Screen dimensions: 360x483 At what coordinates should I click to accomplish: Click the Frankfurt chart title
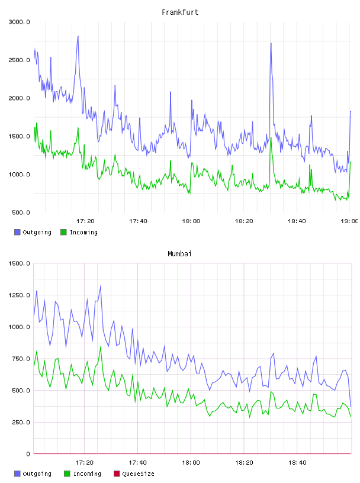click(180, 12)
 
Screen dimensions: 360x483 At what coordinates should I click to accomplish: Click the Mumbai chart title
click(179, 254)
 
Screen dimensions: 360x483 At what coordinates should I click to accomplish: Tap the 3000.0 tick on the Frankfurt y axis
click(19, 22)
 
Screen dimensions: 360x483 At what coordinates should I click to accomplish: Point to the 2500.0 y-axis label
click(19, 60)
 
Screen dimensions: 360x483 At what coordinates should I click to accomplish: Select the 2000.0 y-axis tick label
click(19, 98)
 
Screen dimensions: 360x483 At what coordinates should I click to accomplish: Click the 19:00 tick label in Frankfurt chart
click(349, 221)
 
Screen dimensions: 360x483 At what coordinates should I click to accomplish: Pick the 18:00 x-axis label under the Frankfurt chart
click(191, 221)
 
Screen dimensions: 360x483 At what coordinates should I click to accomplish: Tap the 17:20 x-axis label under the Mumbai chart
click(85, 462)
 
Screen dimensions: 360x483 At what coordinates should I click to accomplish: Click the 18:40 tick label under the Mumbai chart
click(297, 462)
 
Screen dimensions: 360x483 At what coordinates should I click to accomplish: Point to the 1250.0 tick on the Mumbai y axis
click(19, 295)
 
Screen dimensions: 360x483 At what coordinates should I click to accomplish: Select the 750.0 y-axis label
click(21, 359)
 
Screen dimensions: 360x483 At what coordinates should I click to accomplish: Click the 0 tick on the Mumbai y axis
click(28, 454)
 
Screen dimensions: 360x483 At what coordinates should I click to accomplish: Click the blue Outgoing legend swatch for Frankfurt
click(17, 232)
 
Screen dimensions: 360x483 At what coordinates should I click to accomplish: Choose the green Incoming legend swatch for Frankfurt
click(63, 232)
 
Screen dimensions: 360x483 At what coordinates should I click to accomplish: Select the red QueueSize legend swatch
click(117, 474)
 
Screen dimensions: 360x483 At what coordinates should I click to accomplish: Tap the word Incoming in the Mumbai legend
click(87, 474)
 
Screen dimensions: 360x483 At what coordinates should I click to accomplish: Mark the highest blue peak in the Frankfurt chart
click(78, 36)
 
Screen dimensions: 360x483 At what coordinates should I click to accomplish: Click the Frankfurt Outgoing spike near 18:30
click(271, 43)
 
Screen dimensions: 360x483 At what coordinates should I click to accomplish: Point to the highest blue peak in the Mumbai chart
click(101, 286)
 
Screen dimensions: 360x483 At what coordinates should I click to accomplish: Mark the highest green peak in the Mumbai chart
click(101, 346)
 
